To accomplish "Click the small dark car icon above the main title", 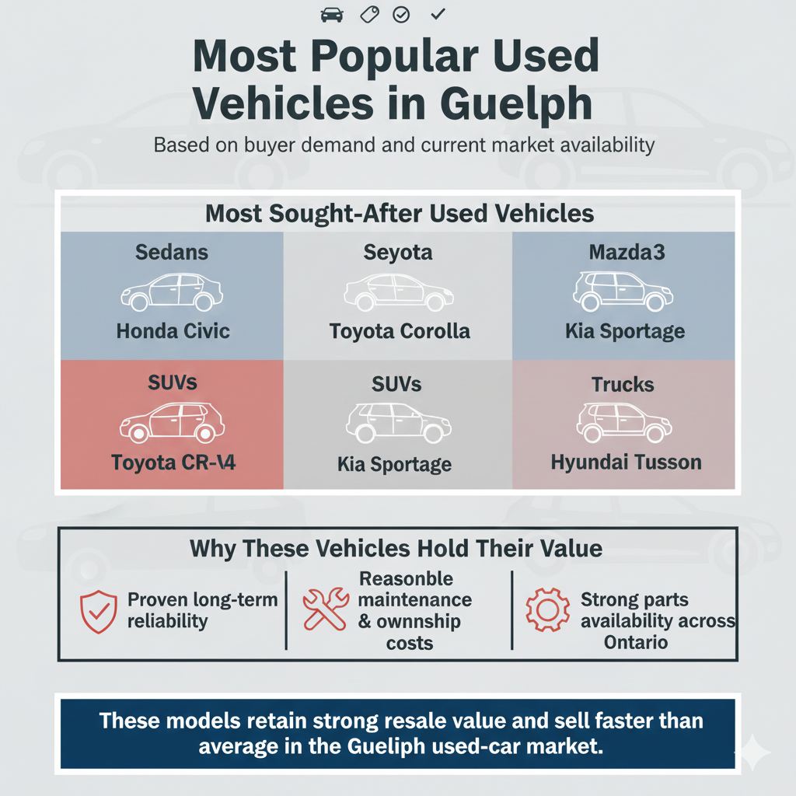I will [x=331, y=14].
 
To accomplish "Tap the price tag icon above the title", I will [x=368, y=14].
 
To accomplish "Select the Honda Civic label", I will [x=173, y=331].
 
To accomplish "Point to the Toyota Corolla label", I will [x=400, y=331].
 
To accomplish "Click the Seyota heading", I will [x=398, y=253].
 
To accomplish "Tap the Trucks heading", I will [x=623, y=384].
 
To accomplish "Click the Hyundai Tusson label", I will [x=626, y=463].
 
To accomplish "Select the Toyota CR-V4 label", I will [x=173, y=463].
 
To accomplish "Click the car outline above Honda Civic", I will [x=172, y=292].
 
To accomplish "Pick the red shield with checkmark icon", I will [x=98, y=611].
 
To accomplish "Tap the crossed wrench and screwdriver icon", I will [x=325, y=609].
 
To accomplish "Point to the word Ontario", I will [x=635, y=643].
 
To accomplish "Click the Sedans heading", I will [x=173, y=253].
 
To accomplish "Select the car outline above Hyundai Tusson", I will [x=624, y=422].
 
